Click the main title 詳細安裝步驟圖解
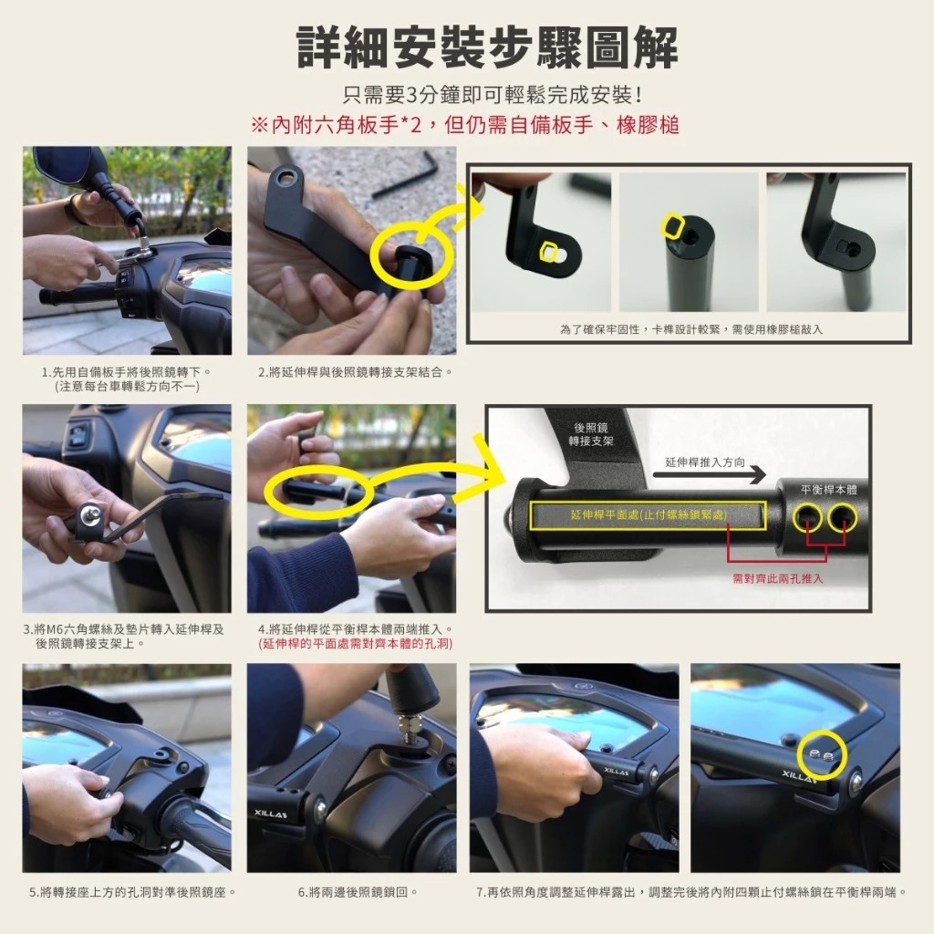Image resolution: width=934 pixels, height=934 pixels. (487, 48)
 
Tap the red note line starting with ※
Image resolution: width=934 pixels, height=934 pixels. (465, 125)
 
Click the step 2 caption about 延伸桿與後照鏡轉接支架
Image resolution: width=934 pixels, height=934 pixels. (356, 372)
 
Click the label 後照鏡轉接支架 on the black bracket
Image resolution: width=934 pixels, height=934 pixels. (591, 434)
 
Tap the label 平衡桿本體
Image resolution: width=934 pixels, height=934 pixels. (828, 490)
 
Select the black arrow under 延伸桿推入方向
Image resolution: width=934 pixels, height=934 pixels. (710, 474)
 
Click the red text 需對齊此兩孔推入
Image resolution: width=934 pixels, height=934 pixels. (778, 578)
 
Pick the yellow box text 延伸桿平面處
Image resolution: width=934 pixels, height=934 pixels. (649, 514)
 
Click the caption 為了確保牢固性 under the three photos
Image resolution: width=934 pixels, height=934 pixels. (691, 329)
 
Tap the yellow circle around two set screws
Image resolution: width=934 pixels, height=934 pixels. (822, 755)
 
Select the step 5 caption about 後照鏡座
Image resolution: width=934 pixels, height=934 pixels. (133, 892)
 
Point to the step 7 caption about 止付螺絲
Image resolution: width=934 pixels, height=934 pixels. (691, 892)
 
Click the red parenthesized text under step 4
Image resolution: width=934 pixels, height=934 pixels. (356, 644)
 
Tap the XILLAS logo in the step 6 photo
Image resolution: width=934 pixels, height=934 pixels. (271, 814)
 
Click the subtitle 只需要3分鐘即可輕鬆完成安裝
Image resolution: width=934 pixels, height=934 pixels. (492, 94)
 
